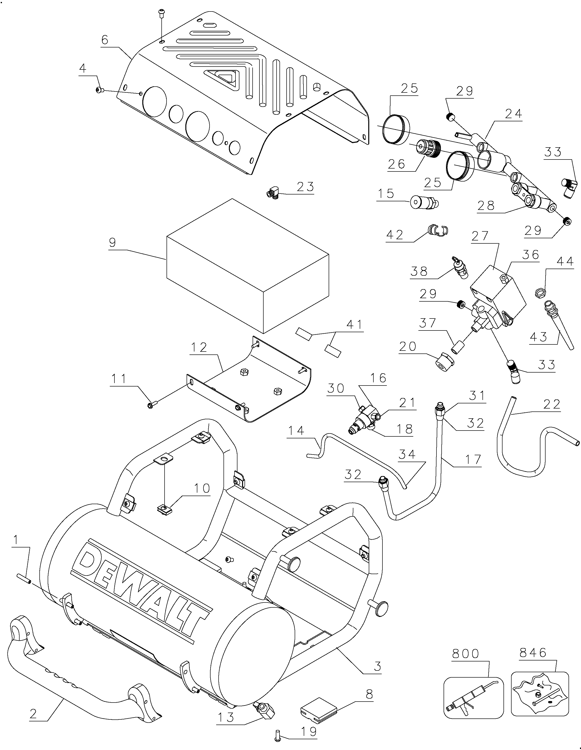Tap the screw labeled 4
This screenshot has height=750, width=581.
coord(99,90)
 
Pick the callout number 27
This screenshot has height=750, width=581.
coord(480,236)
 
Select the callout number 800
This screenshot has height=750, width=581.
coord(465,653)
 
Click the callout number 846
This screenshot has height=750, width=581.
coord(533,652)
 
